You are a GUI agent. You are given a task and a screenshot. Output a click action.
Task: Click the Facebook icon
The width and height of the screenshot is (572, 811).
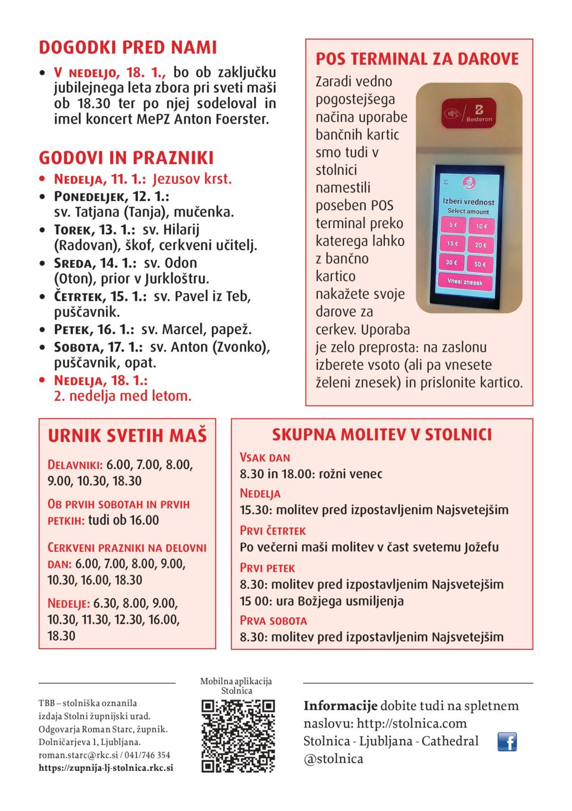tap(507, 742)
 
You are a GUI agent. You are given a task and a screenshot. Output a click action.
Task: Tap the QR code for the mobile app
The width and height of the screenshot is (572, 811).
tap(238, 736)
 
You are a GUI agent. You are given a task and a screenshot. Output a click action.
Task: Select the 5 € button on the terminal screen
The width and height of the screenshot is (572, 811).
tap(453, 225)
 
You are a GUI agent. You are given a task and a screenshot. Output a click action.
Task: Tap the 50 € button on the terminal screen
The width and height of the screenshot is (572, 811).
tap(480, 263)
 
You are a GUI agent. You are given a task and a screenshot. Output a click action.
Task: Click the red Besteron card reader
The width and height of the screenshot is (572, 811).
tap(469, 113)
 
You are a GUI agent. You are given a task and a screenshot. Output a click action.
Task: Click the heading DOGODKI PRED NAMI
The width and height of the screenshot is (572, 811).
tap(128, 48)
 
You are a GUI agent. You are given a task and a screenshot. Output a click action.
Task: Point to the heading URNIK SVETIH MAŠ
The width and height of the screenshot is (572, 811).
tap(127, 436)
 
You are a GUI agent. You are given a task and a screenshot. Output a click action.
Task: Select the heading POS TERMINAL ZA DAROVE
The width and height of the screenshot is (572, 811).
tap(417, 59)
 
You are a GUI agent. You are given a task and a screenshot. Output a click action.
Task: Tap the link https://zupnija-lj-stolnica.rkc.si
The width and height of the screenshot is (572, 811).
tap(106, 768)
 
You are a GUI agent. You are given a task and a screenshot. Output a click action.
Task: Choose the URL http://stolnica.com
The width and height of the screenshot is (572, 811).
tap(412, 723)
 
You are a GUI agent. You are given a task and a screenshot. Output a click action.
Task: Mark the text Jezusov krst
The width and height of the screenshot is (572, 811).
tap(192, 179)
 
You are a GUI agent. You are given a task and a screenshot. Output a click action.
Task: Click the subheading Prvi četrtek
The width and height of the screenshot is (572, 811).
tap(273, 531)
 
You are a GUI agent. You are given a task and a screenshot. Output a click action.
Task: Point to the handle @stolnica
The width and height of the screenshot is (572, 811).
tap(333, 759)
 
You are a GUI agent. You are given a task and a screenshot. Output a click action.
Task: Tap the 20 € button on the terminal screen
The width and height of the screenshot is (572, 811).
tap(480, 245)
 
